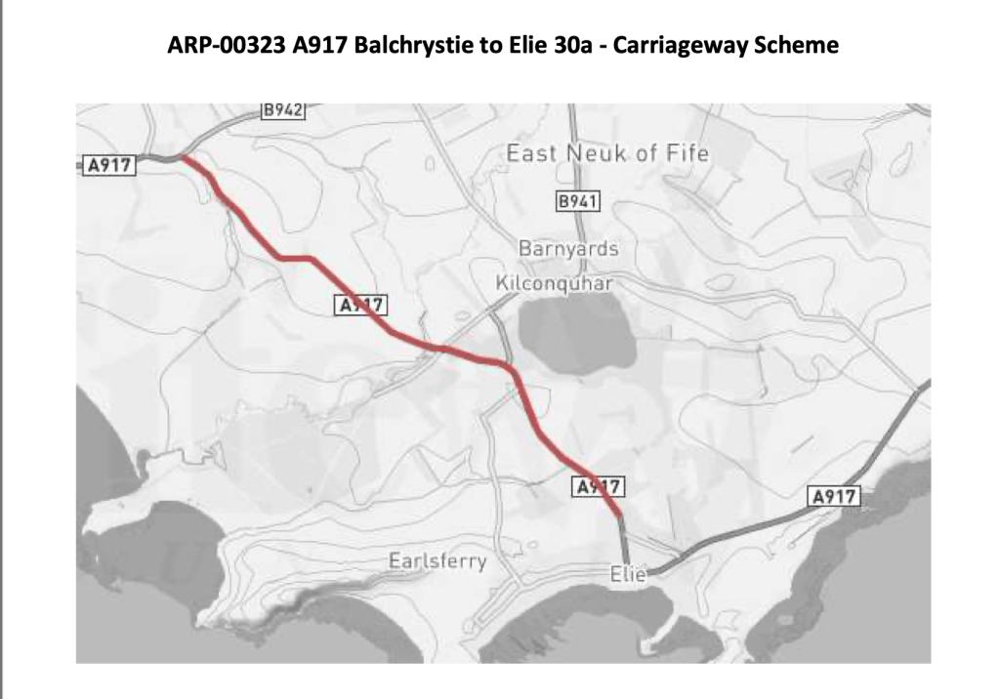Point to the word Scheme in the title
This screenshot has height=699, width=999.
tap(795, 46)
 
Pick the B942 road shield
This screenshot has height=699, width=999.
tap(283, 110)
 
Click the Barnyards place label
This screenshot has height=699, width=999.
tap(568, 249)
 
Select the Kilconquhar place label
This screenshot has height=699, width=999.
tap(554, 283)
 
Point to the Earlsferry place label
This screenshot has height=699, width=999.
tap(437, 562)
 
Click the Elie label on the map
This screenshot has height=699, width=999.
tap(628, 575)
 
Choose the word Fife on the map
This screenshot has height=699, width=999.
tap(688, 153)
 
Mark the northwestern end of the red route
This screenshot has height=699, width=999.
tap(183, 158)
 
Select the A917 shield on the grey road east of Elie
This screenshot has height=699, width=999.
tap(834, 497)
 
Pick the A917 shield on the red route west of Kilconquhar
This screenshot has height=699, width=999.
tap(360, 306)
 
